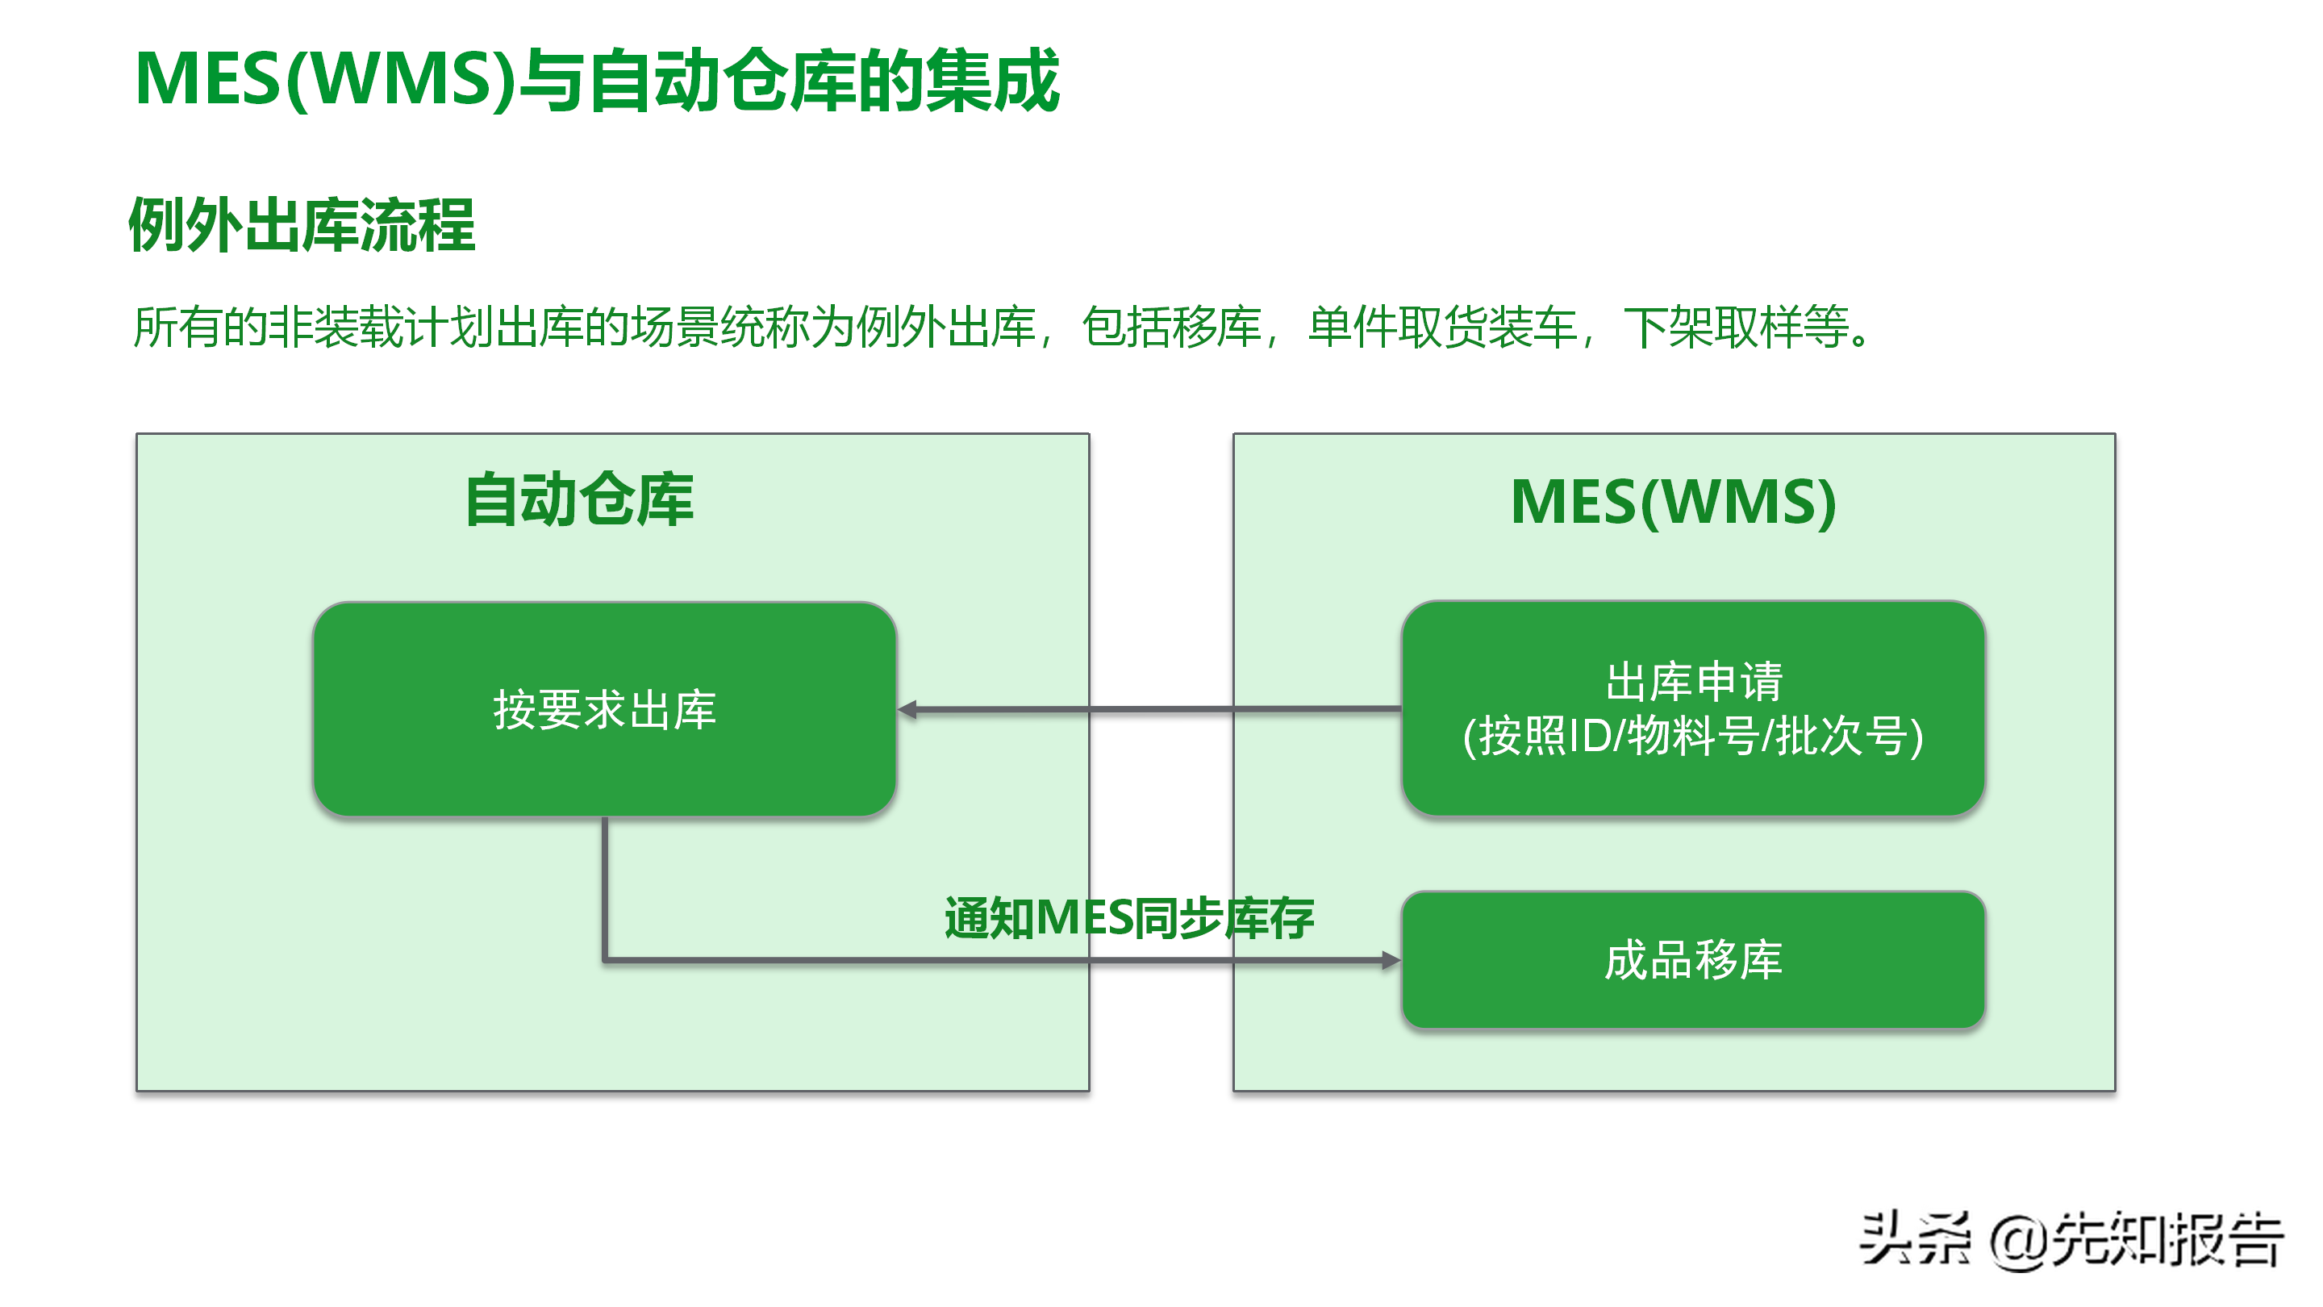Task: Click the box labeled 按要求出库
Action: point(604,709)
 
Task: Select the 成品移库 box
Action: point(1693,960)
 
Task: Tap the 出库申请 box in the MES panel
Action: point(1693,708)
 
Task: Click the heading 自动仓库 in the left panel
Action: point(579,499)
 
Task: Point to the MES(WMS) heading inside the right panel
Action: point(1673,502)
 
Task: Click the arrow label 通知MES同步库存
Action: point(1129,918)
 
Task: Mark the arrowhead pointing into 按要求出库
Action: point(907,710)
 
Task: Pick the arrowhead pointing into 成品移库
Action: point(1391,961)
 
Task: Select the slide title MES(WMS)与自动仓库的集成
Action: point(597,81)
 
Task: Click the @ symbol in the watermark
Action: point(2020,1242)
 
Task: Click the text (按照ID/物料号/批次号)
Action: point(1693,736)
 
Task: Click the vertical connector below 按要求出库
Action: point(604,888)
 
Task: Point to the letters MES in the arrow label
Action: point(1084,918)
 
